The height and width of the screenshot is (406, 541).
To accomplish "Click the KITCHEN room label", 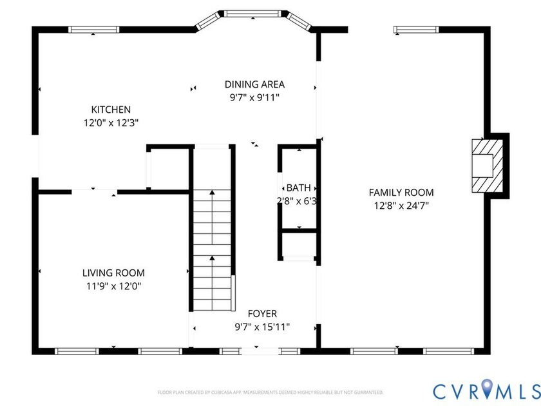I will tap(111, 110).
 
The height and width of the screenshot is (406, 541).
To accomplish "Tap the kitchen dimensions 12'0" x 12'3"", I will tap(111, 121).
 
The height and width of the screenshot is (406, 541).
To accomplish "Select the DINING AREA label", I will tap(254, 84).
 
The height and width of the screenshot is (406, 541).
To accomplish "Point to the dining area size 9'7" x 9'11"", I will tap(254, 97).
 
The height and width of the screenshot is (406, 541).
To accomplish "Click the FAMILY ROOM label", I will tap(401, 192).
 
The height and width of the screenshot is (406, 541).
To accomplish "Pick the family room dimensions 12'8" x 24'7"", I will tap(401, 205).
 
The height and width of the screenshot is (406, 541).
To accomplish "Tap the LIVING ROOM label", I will tap(113, 273).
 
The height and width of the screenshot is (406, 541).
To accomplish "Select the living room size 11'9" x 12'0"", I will tap(113, 285).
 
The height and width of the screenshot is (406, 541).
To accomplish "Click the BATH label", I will tap(298, 188).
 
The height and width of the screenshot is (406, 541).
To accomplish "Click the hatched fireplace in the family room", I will tap(484, 165).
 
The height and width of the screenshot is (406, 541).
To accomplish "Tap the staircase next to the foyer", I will tap(212, 245).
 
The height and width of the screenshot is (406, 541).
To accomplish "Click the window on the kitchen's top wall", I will tap(94, 29).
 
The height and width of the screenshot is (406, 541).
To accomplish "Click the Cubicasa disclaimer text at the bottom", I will tap(270, 392).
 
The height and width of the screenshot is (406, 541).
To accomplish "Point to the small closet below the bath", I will tap(298, 245).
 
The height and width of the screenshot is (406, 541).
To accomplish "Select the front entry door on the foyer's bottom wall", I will tap(256, 351).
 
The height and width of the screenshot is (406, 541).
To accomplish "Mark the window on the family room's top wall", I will tap(416, 29).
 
